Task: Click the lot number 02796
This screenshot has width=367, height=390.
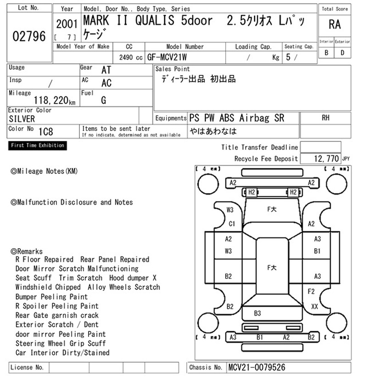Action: coord(29,36)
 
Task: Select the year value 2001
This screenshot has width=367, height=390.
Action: coord(67,24)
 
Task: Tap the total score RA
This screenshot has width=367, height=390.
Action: coord(334,25)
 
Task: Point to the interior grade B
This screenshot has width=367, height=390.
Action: coord(326,53)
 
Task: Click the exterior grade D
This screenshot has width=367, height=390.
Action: coord(342,53)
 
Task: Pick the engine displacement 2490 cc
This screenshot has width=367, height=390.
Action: coord(131,57)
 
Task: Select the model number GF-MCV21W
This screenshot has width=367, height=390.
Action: coord(167,57)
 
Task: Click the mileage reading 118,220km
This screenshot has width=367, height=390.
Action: coord(55,100)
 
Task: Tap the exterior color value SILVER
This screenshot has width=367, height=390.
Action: coord(22,119)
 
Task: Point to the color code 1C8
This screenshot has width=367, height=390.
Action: coord(46,132)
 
